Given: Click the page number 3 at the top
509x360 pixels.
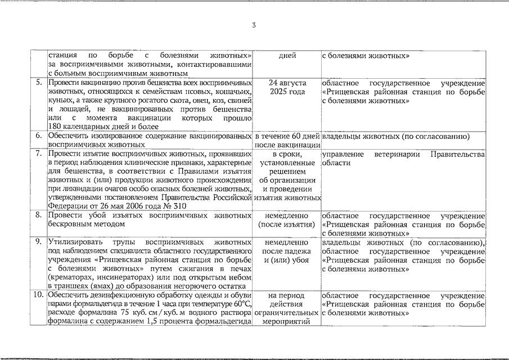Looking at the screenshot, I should [x=254, y=25].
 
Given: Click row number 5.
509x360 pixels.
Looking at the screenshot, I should [x=39, y=83].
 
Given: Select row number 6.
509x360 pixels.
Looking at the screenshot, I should [x=39, y=136].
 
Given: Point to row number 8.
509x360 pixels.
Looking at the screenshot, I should [x=39, y=215].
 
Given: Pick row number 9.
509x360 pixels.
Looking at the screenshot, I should [x=39, y=242].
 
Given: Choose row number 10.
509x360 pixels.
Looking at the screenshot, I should [x=38, y=295].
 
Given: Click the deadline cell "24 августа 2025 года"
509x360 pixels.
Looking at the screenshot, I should [x=287, y=87].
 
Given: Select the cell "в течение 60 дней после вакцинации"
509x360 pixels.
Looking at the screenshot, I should [x=287, y=141].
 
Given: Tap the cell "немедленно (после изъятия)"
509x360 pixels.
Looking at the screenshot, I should [x=287, y=220].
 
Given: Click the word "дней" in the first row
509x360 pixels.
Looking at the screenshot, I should [x=287, y=56].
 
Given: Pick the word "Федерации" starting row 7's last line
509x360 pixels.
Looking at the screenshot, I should [x=66, y=206].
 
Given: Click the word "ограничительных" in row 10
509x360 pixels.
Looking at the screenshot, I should [x=287, y=312].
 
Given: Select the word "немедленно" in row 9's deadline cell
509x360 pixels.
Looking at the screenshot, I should [x=287, y=242].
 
